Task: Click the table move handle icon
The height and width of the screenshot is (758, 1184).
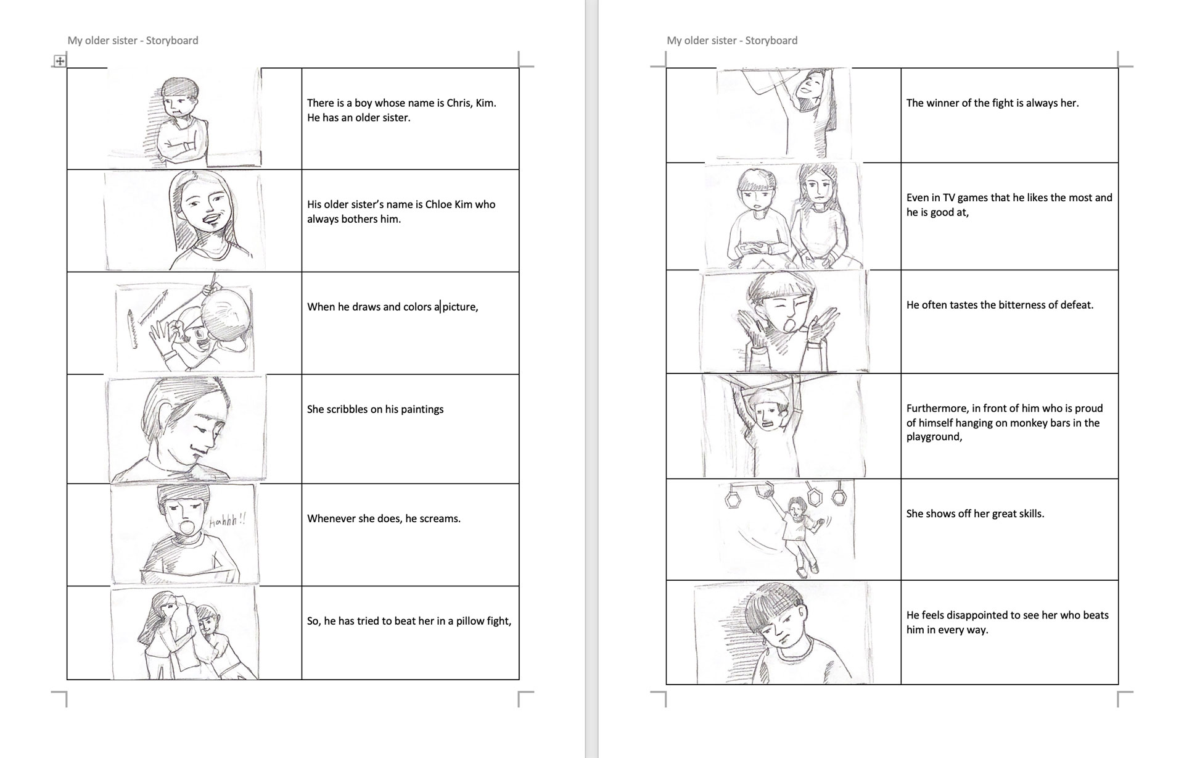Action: click(x=59, y=60)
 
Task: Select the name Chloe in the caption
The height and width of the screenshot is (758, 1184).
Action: click(x=438, y=204)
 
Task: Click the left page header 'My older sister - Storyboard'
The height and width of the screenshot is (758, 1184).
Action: click(x=133, y=41)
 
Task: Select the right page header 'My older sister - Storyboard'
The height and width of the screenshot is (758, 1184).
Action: click(x=732, y=41)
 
